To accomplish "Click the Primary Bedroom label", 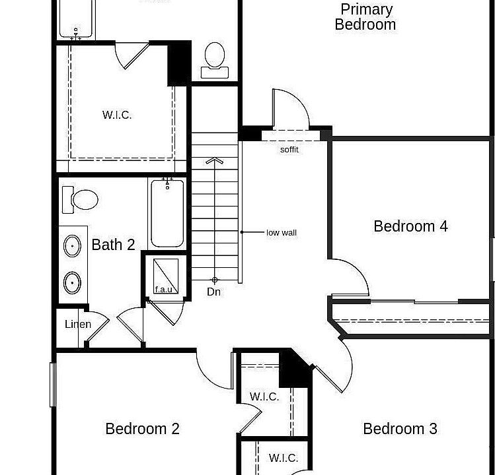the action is click(x=365, y=17).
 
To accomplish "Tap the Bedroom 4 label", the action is click(x=410, y=226).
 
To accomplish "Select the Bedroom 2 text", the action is click(x=142, y=429).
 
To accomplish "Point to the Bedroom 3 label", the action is click(x=400, y=429).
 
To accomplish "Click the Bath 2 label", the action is click(x=113, y=245).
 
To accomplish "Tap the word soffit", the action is click(x=289, y=149).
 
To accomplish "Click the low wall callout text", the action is click(x=282, y=233).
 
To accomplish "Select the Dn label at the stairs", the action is click(x=213, y=292).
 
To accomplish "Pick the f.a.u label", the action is click(x=164, y=289).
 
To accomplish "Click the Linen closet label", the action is click(x=78, y=324).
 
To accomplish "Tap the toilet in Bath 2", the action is click(x=80, y=199).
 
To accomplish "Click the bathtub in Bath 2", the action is click(x=167, y=213).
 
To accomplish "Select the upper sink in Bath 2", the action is click(x=72, y=246).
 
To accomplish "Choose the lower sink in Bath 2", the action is click(x=72, y=283).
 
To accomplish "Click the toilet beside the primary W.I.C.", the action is click(x=215, y=60).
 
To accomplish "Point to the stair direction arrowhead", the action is click(x=215, y=160).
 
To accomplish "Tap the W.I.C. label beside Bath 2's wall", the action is click(x=117, y=115).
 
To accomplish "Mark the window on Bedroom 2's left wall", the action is click(x=53, y=385).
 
